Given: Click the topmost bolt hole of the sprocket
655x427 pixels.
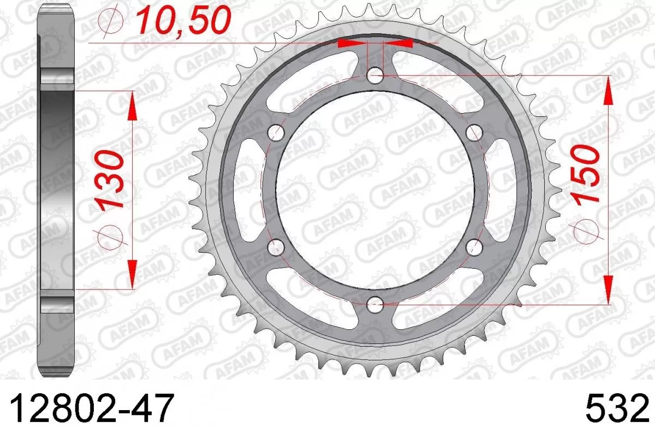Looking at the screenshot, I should pyautogui.click(x=375, y=75).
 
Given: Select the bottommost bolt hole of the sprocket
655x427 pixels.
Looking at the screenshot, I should pyautogui.click(x=375, y=303).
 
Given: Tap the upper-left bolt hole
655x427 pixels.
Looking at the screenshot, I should pyautogui.click(x=277, y=132).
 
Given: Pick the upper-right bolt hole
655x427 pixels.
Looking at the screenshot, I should pyautogui.click(x=474, y=132).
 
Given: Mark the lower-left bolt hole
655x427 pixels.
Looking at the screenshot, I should pyautogui.click(x=277, y=246).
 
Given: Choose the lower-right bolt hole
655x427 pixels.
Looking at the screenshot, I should pyautogui.click(x=474, y=246).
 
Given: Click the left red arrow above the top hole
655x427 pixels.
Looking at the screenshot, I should pyautogui.click(x=352, y=43).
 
